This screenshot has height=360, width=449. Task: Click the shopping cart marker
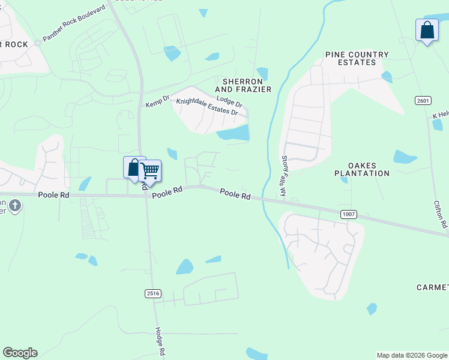point(150,170)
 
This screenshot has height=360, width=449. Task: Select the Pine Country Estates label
point(357,58)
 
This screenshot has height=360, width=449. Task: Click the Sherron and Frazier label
point(247,85)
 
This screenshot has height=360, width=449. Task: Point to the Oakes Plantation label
point(361,169)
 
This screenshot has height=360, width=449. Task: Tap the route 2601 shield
point(423,100)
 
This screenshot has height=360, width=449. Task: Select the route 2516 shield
point(153,293)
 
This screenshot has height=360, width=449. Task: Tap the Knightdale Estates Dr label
point(208,107)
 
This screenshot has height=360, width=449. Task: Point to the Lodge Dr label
point(229,103)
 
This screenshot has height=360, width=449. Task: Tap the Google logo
point(20,353)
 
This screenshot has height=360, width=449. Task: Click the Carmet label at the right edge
point(433,288)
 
